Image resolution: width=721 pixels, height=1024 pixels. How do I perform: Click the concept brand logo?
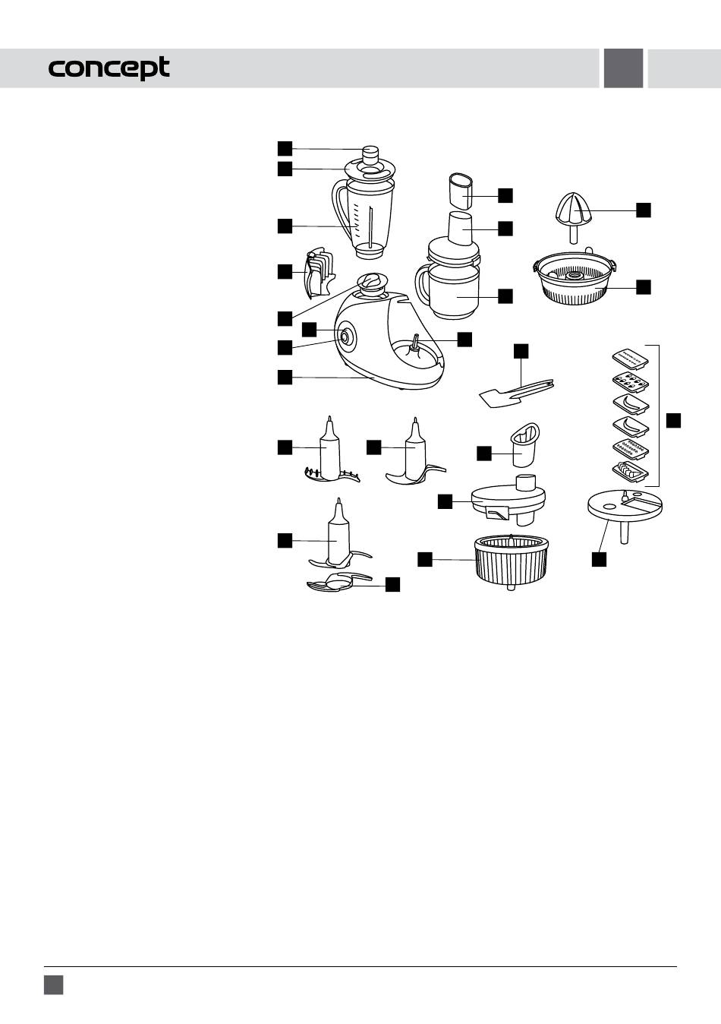pos(109,68)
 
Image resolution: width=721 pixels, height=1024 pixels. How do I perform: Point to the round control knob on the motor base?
pos(344,337)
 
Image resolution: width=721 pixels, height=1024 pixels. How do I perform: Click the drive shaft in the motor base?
pos(415,343)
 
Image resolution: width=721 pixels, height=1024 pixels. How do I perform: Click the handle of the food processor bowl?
pos(423,286)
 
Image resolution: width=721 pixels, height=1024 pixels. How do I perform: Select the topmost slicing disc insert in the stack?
pos(631,357)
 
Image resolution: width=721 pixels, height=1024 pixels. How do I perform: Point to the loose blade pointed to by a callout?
pos(338,582)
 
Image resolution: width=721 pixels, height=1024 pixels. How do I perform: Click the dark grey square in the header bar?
pos(623,68)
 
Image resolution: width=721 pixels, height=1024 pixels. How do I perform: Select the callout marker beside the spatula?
pos(521,351)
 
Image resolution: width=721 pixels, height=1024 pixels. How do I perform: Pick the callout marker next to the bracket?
pos(673,420)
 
